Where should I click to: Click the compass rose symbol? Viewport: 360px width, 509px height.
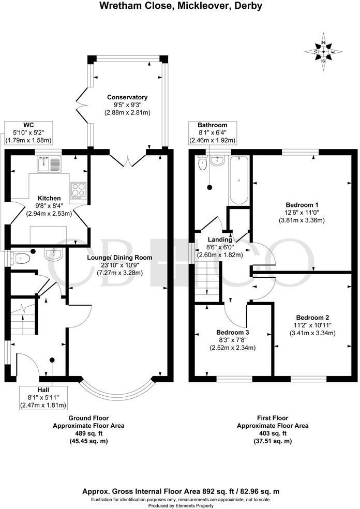(x=323, y=51)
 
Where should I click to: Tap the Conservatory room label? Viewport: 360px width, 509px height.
(x=127, y=97)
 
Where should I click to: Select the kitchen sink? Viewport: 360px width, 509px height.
(x=50, y=164)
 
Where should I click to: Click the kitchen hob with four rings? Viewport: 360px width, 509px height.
(x=78, y=190)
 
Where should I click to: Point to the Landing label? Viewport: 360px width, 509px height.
(x=219, y=239)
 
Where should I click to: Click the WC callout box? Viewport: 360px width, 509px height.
(x=28, y=132)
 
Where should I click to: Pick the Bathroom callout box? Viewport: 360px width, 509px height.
(x=212, y=133)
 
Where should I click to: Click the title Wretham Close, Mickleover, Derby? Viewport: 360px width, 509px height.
(x=179, y=6)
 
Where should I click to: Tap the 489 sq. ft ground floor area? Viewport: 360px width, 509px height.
(x=89, y=433)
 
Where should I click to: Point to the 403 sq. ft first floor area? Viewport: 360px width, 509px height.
(x=273, y=433)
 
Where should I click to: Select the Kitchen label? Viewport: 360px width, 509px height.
(x=49, y=198)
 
